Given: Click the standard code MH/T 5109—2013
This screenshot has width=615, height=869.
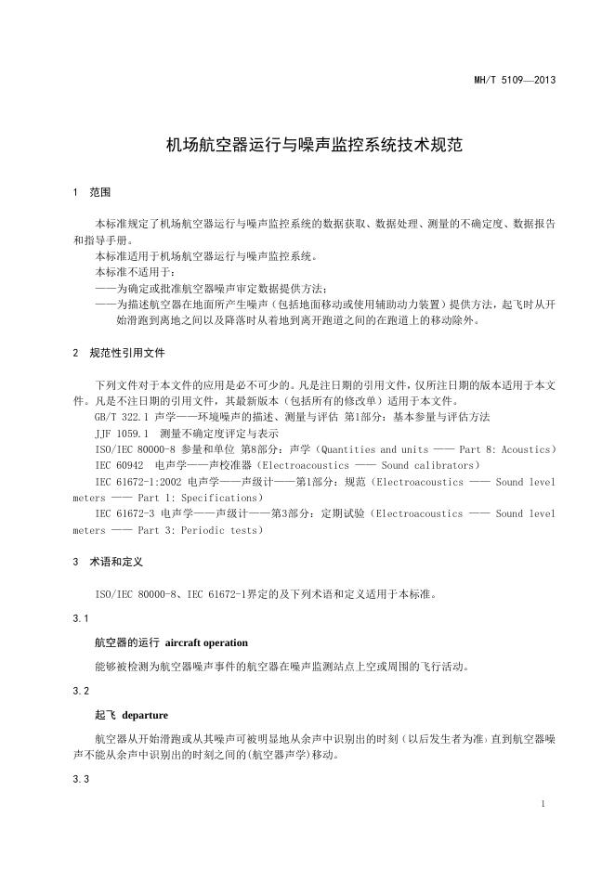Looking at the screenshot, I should (x=514, y=80).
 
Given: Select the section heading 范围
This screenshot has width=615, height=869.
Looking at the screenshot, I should (x=100, y=193).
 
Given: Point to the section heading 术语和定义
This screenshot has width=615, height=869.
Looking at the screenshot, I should (x=116, y=562).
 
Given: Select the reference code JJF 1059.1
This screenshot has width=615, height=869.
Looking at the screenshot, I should (x=123, y=433).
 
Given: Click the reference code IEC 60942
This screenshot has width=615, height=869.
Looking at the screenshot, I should (x=120, y=464).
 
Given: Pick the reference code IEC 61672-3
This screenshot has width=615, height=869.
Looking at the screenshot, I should (x=125, y=512).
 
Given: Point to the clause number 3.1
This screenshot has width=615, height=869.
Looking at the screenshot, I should (x=80, y=617).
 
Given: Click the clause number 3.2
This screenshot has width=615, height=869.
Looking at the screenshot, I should (x=80, y=692).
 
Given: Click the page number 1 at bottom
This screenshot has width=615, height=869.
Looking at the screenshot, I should (x=543, y=802).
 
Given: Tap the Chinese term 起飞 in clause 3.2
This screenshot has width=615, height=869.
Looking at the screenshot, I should (x=105, y=717).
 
